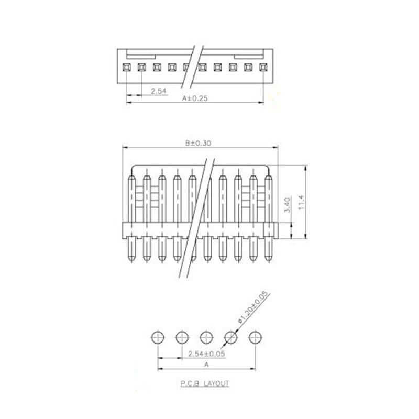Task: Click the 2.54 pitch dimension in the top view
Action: [159, 91]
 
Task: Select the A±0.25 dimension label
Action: [195, 98]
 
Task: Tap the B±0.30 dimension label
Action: [199, 143]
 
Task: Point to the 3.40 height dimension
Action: [288, 205]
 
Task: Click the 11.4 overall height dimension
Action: [301, 202]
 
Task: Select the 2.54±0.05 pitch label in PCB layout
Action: [206, 354]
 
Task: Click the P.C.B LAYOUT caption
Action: [205, 384]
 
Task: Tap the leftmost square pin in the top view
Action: [126, 67]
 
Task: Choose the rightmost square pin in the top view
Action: [263, 67]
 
